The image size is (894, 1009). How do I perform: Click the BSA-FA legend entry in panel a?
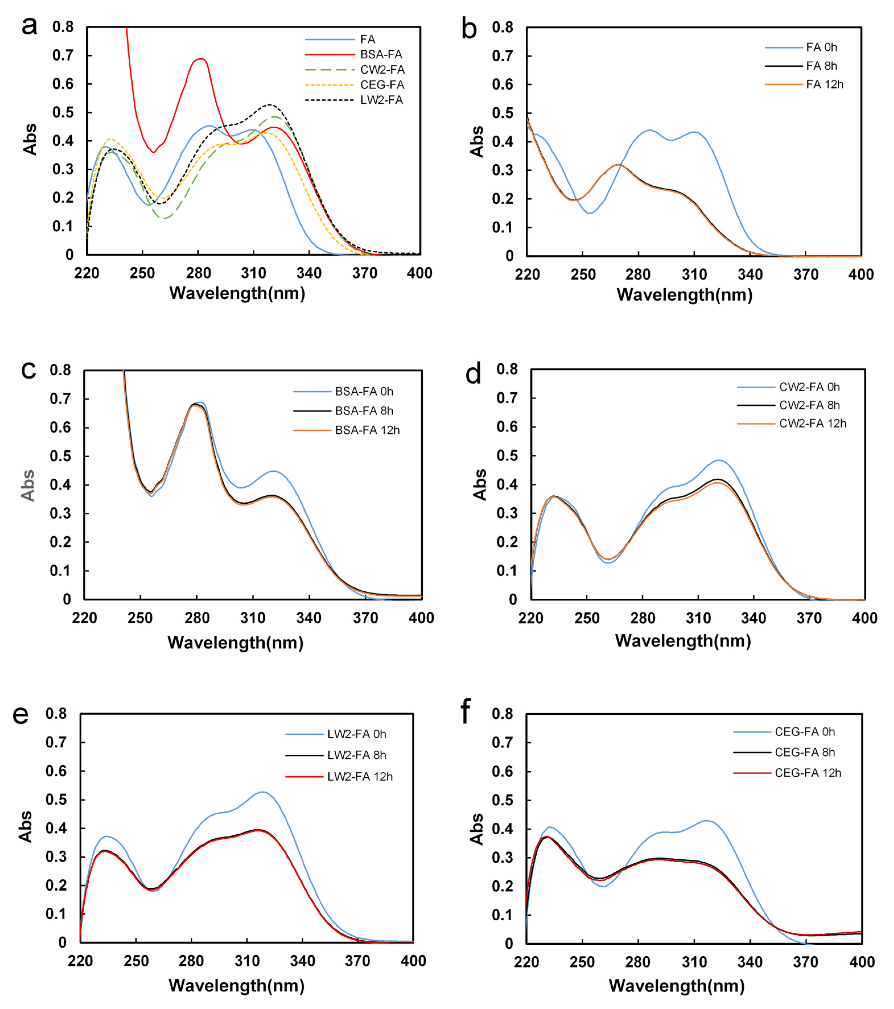pos(381,54)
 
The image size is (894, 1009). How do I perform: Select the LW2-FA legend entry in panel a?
pos(381,100)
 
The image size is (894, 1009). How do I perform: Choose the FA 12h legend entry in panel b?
pos(824,85)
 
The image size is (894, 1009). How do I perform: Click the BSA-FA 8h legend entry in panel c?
pos(364,411)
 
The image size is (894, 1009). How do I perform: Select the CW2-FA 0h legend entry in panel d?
pos(809,387)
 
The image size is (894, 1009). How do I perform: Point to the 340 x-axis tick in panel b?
pos(750,275)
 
